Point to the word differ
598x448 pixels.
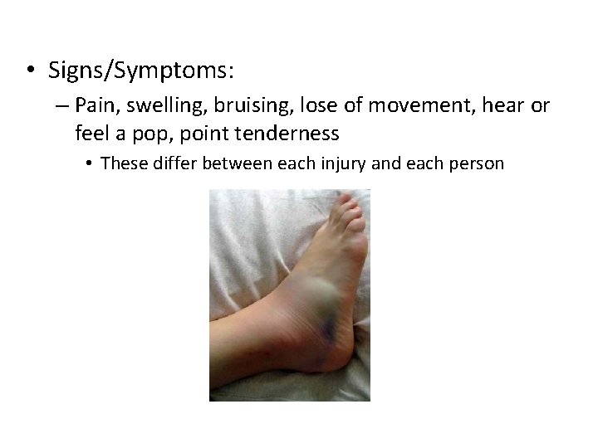pos(169,163)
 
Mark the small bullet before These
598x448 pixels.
pos(91,163)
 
